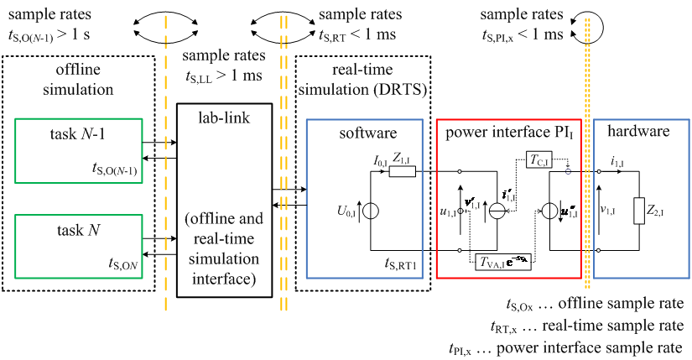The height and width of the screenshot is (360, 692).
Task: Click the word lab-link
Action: click(224, 118)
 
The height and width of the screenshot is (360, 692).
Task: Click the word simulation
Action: click(224, 259)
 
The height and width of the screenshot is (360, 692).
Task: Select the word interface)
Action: click(224, 279)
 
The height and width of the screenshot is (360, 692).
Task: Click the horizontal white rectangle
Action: click(403, 172)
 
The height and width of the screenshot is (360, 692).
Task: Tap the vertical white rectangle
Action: click(639, 211)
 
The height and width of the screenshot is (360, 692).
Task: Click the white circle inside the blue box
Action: click(371, 211)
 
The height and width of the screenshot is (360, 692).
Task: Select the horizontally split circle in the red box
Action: click(497, 211)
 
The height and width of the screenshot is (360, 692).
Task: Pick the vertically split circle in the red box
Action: click(549, 211)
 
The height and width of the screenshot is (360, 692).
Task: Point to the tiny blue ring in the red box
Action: click(568, 171)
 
